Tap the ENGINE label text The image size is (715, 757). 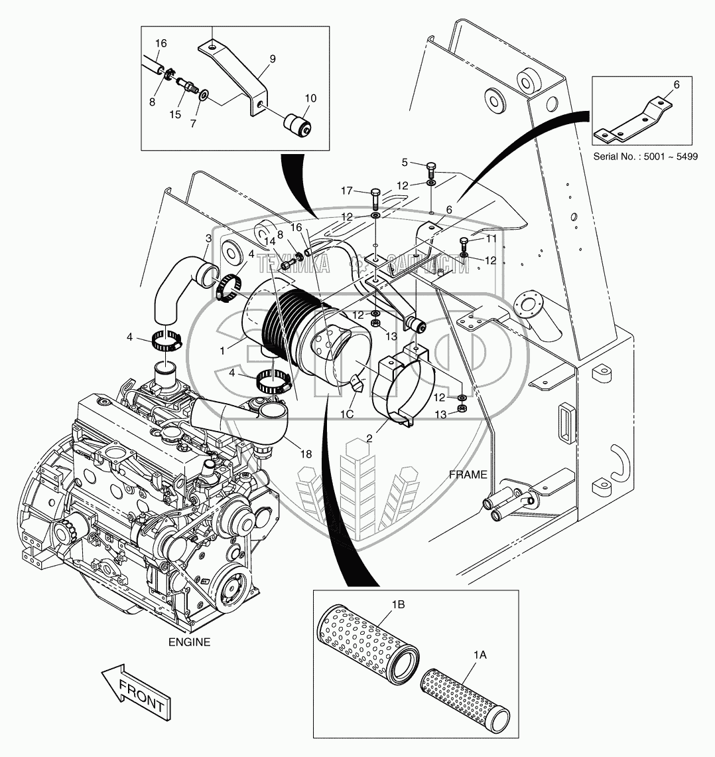[189, 642]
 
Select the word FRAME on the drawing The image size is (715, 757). [468, 475]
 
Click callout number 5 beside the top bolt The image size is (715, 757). [405, 161]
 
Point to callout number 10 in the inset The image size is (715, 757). [310, 98]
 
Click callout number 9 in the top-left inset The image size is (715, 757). [271, 58]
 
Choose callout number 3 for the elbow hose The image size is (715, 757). [208, 238]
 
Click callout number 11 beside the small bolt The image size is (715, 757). [491, 237]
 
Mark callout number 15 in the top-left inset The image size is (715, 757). [175, 114]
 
